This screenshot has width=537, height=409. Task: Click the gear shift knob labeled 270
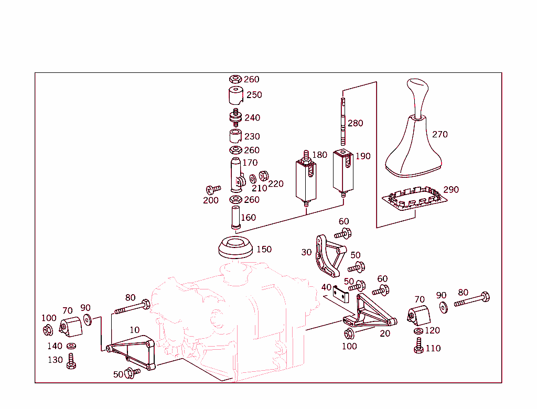(x=414, y=136)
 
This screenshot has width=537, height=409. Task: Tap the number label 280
(x=355, y=123)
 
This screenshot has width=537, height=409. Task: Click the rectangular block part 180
(x=306, y=178)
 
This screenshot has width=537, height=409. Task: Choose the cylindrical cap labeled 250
(x=235, y=96)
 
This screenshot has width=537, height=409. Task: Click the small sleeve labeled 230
(x=235, y=137)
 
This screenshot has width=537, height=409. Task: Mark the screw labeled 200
(x=213, y=189)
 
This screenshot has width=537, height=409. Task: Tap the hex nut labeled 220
(x=264, y=175)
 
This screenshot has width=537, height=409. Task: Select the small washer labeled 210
(x=253, y=178)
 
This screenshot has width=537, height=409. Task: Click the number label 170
(x=250, y=163)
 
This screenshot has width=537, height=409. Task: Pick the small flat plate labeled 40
(x=341, y=295)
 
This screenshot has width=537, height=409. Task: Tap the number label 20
(x=385, y=333)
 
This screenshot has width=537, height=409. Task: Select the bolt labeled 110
(x=418, y=346)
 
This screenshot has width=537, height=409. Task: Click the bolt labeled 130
(x=71, y=361)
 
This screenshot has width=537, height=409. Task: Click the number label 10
(x=135, y=330)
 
